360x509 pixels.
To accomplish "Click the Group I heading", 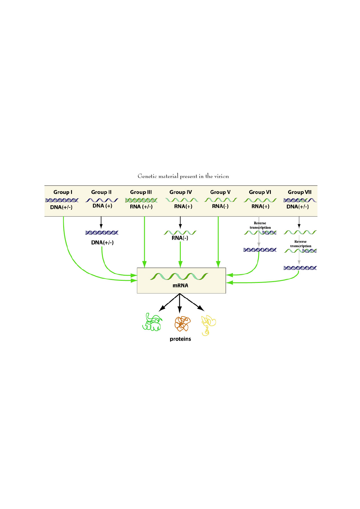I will click(63, 192).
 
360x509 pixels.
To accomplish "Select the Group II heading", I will click(101, 192).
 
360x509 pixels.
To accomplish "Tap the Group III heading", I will click(141, 192).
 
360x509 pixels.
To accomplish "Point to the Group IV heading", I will click(180, 192).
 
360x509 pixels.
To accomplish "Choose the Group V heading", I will click(220, 192).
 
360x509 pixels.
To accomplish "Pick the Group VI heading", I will click(260, 192).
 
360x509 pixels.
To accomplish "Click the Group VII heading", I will click(300, 192).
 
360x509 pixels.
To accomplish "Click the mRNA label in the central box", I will click(180, 285).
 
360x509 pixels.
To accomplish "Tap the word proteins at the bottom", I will click(180, 339).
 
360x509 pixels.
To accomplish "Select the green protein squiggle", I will click(152, 322).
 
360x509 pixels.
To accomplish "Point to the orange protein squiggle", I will click(182, 324).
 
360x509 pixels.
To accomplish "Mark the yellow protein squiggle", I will click(208, 325).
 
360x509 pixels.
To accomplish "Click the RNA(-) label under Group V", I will click(220, 206).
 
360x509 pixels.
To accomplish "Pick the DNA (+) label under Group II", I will click(102, 206).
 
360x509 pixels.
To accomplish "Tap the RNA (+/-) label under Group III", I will click(141, 207).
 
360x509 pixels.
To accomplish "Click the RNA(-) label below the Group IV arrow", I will click(180, 238).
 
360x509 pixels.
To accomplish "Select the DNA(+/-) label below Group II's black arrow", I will click(102, 243).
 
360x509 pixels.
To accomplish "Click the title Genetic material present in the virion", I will click(183, 176).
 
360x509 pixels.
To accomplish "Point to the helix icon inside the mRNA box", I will click(179, 276).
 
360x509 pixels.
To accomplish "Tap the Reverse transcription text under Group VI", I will click(260, 225).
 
